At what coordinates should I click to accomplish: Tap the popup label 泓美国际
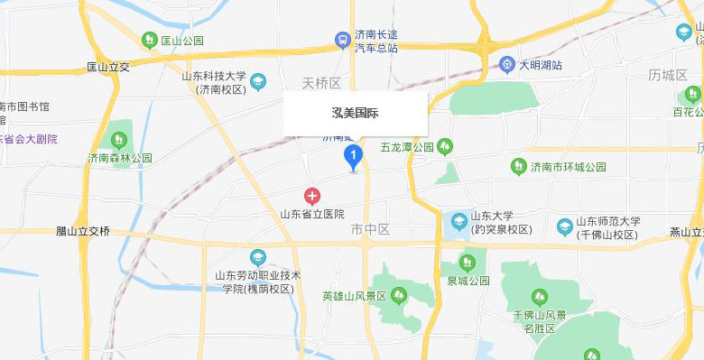point(355,114)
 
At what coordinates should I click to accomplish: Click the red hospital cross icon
point(312,196)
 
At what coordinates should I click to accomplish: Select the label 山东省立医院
point(312,214)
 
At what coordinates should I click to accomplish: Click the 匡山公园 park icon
point(150,40)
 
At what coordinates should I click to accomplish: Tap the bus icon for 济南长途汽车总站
point(343,40)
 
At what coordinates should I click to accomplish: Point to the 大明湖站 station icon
point(507,65)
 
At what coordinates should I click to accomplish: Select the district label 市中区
point(370,230)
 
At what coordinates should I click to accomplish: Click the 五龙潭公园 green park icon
point(443,146)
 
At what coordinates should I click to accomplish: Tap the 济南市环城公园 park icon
point(518,167)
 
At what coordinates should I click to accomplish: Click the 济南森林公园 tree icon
point(118,140)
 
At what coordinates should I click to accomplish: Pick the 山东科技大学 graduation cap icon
point(258,82)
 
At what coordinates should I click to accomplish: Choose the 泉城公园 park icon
point(467,263)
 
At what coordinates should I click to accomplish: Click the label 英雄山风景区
point(354,296)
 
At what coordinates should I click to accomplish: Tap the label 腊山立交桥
point(82,231)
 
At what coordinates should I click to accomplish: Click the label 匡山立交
point(108,67)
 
